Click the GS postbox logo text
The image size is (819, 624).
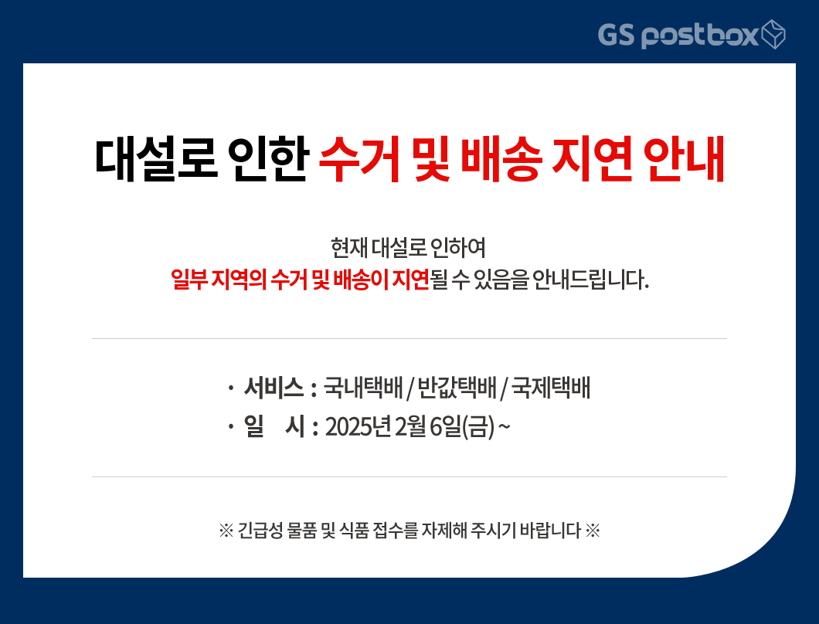click(x=678, y=35)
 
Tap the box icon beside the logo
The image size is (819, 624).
click(x=773, y=35)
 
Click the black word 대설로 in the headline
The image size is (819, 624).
click(x=155, y=159)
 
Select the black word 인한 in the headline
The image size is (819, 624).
click(x=268, y=159)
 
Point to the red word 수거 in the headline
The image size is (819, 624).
click(x=360, y=159)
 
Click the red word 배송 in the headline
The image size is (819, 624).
click(x=502, y=159)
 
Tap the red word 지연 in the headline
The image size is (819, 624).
click(x=593, y=159)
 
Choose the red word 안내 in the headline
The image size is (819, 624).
click(x=684, y=159)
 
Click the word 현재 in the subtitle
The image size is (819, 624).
click(x=349, y=247)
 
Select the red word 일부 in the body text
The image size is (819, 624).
click(x=189, y=280)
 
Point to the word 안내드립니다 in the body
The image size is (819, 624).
click(x=590, y=280)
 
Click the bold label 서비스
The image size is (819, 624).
click(x=274, y=388)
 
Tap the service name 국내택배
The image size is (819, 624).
click(x=363, y=388)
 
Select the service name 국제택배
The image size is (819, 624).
click(x=551, y=388)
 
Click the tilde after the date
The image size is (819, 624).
click(x=504, y=427)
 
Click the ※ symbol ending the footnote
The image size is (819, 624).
click(x=593, y=531)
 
